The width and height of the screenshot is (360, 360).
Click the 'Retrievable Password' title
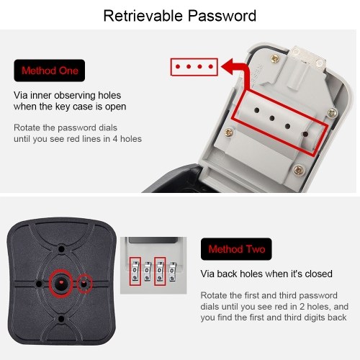click(180, 16)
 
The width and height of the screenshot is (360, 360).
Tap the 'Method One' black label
click(50, 71)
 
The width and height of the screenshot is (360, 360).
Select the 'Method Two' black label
click(236, 249)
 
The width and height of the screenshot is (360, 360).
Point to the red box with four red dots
click(194, 67)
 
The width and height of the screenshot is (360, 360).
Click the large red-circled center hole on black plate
click(61, 284)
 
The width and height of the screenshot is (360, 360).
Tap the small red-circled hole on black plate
click(84, 284)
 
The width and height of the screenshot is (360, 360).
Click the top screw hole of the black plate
click(61, 249)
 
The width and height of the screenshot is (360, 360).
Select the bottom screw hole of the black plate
click(61, 319)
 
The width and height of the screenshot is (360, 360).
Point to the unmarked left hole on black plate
click(39, 284)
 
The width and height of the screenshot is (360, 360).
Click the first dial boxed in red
click(135, 271)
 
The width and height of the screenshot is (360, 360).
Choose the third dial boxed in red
click(160, 271)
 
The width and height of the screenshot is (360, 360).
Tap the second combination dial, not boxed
click(147, 271)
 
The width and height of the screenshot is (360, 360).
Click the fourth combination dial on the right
click(172, 271)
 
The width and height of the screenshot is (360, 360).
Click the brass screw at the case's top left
click(275, 58)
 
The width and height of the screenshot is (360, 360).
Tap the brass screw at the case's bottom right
click(299, 170)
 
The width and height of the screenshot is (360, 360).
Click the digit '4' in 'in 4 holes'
click(115, 139)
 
